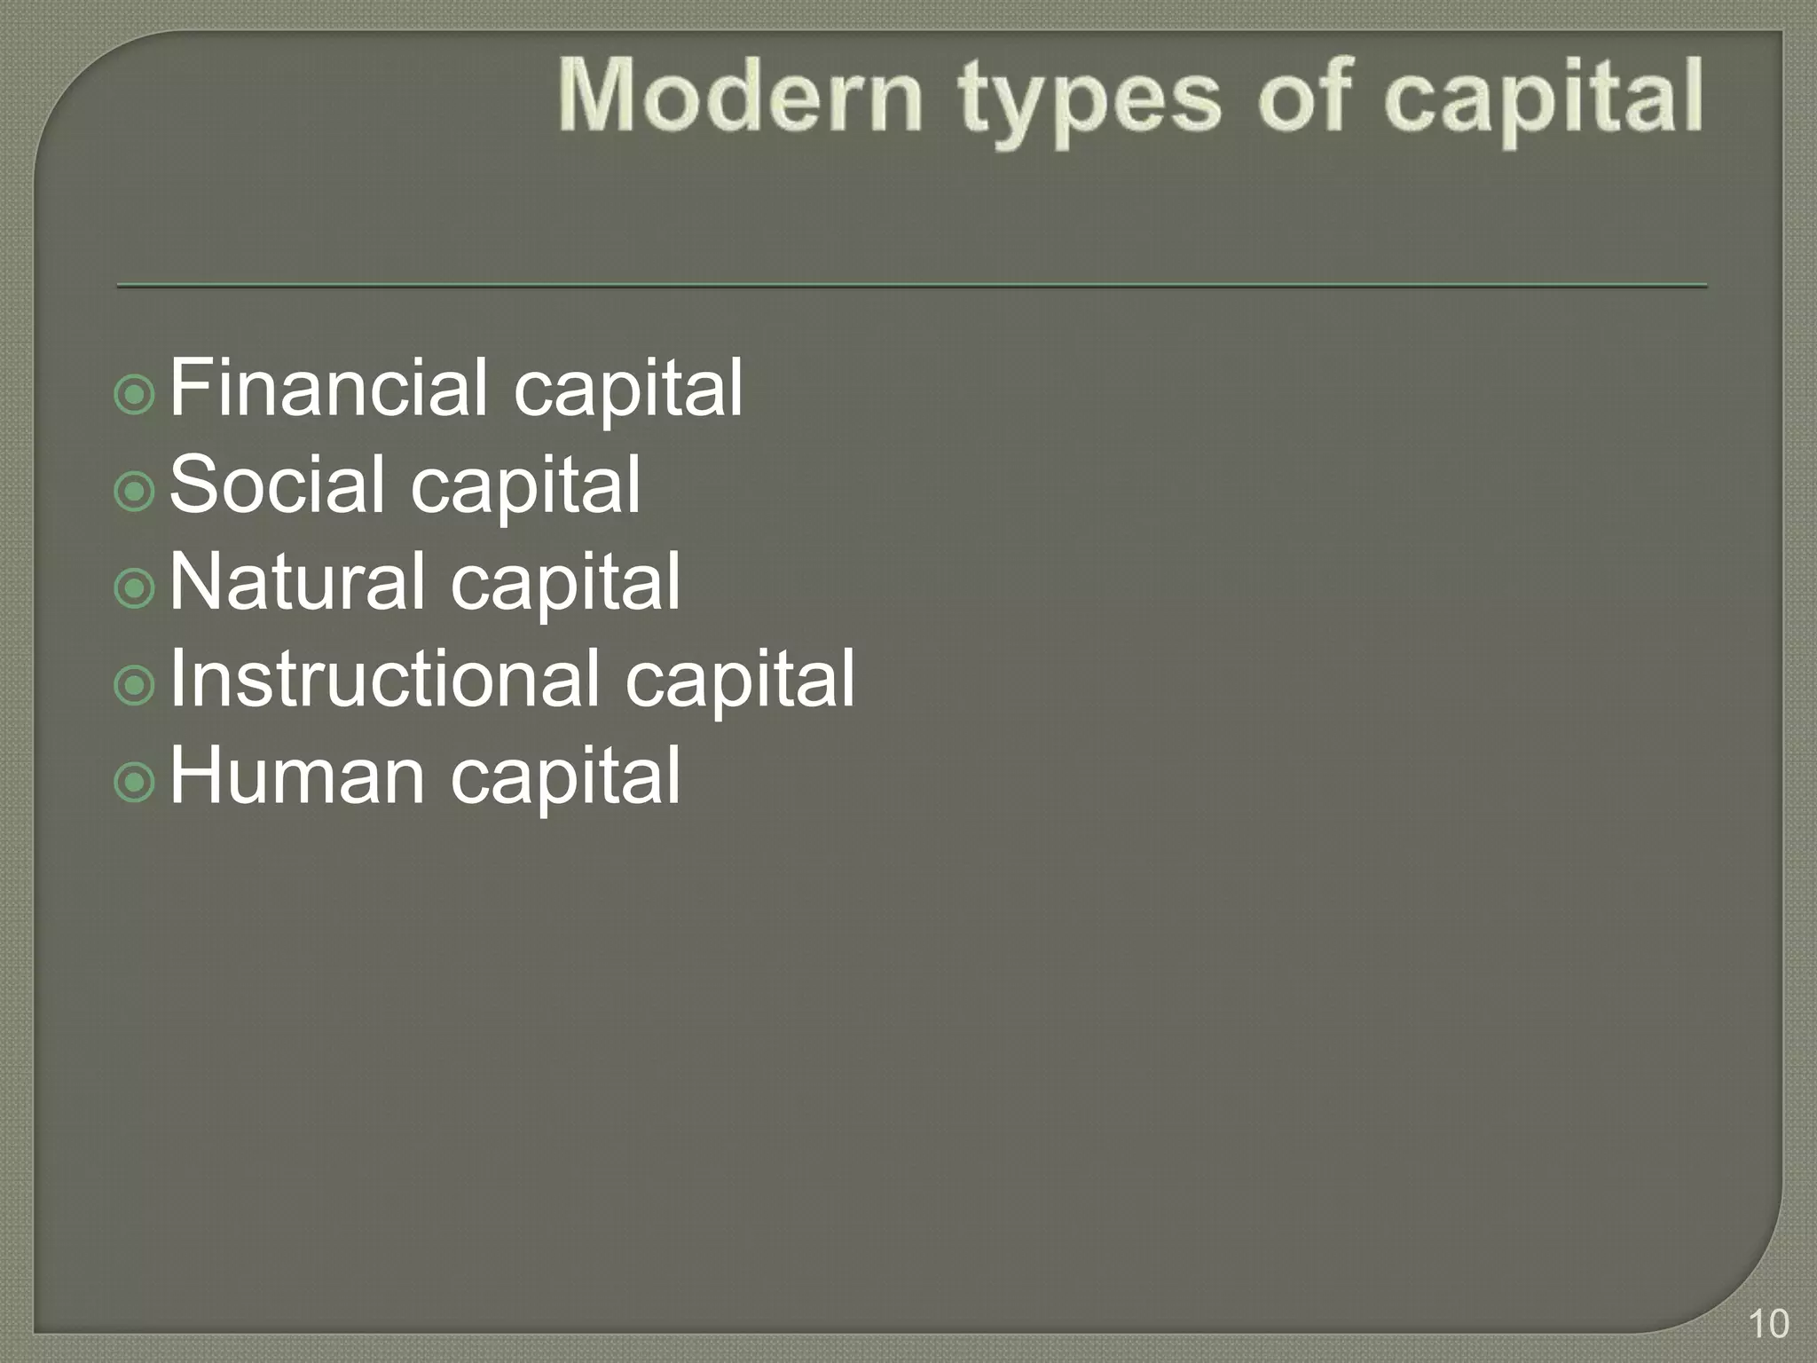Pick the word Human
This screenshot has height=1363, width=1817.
[297, 776]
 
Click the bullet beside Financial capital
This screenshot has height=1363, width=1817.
[135, 394]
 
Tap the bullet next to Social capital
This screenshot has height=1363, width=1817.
[135, 491]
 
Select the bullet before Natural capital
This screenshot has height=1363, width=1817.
[135, 587]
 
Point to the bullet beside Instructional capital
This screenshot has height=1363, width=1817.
[135, 684]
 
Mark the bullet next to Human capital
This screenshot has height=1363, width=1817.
[135, 782]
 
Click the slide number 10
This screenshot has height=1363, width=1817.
[1768, 1324]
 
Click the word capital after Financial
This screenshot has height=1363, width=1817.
[627, 390]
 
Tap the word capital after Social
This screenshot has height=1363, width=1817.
[524, 487]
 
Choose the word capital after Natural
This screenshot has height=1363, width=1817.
[565, 585]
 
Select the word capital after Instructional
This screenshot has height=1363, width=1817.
[740, 681]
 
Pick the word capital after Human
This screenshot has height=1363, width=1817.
[565, 779]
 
